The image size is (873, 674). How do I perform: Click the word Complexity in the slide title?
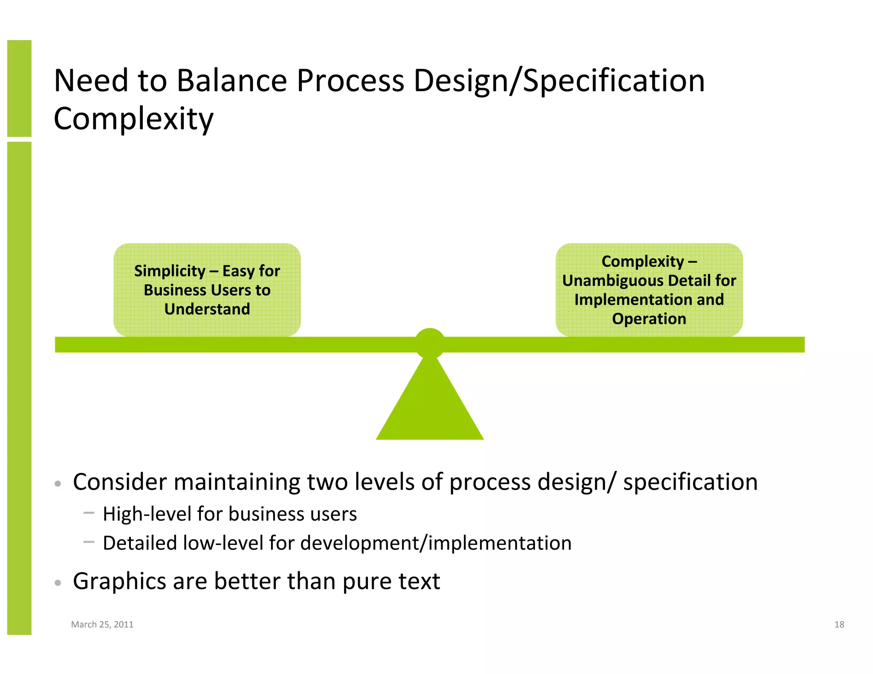[x=133, y=119]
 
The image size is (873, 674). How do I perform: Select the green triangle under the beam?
[x=430, y=405]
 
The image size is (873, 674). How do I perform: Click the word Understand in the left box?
[x=207, y=309]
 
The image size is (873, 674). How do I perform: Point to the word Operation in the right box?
[x=649, y=319]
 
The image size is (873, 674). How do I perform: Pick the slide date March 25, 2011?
[x=102, y=624]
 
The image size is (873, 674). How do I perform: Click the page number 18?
[x=839, y=624]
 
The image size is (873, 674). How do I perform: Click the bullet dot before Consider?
[x=58, y=484]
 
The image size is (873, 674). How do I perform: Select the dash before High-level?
[x=89, y=513]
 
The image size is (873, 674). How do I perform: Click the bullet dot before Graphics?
[x=58, y=582]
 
